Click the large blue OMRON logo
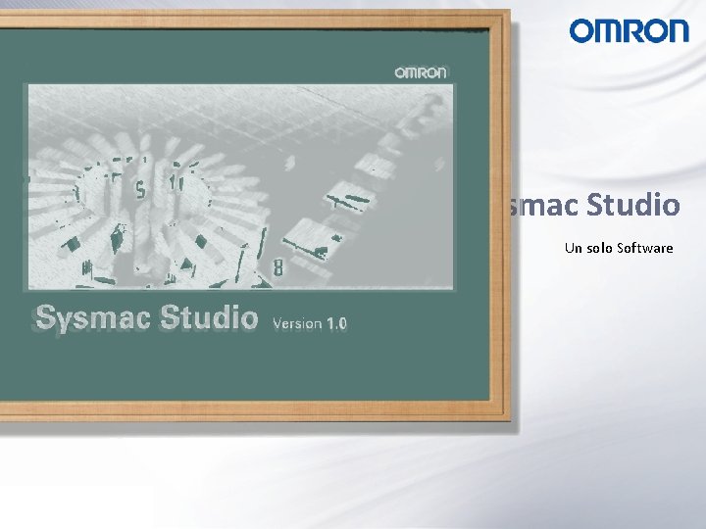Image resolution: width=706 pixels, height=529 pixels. pos(629,31)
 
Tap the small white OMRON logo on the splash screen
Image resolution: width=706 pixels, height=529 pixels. pos(421,72)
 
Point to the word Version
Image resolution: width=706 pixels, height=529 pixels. pos(297,322)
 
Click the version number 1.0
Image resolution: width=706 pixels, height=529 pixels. pos(336,322)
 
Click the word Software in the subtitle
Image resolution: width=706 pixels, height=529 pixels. pos(645,248)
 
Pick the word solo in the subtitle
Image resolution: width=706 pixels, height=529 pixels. pos(599,248)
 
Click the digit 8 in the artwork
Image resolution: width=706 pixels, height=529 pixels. pos(278,265)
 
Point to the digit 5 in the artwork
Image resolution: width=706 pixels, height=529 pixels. pos(141,188)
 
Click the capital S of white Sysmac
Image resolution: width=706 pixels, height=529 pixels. pos(45,317)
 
